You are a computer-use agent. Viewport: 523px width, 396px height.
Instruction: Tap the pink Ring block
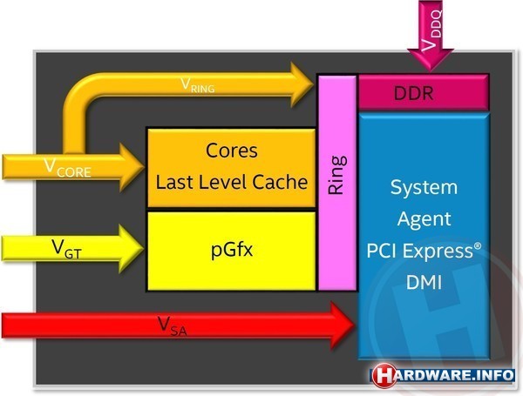337,183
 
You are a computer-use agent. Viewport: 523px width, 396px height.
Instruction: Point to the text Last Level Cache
231,182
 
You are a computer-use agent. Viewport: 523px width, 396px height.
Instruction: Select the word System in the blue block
424,187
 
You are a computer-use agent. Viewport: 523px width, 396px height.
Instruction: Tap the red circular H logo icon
384,376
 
